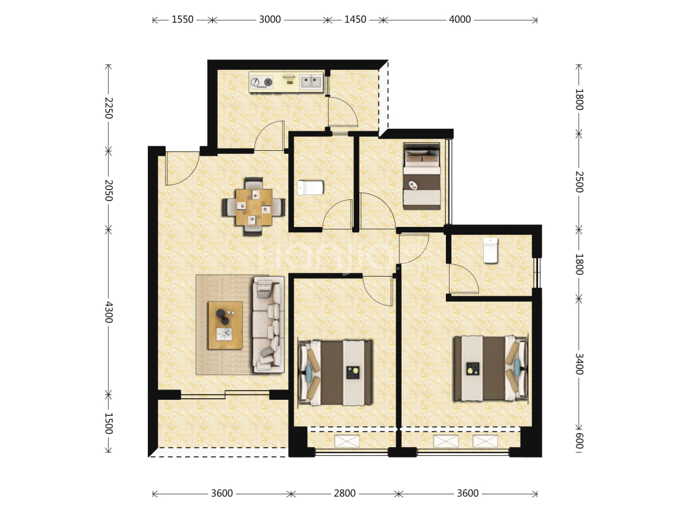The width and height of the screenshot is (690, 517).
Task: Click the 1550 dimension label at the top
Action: [182, 20]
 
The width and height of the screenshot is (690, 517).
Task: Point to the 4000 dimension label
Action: [459, 20]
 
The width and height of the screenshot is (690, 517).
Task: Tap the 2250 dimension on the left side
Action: [109, 108]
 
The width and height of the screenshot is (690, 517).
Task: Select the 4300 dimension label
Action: [109, 312]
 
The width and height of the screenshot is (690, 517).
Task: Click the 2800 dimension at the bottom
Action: [345, 493]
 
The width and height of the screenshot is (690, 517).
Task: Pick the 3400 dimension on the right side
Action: [579, 364]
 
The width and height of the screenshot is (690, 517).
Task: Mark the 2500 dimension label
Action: [579, 182]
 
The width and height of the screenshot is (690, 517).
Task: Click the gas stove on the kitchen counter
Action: [261, 82]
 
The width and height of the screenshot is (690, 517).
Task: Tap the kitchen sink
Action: [311, 82]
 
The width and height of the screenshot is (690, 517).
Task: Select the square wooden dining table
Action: [253, 207]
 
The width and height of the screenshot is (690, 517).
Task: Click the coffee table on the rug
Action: [225, 325]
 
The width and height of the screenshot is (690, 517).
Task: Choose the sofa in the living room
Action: [268, 324]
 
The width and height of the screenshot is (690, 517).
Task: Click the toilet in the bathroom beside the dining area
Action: [310, 188]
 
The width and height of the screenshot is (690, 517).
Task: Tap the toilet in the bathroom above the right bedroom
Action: [491, 250]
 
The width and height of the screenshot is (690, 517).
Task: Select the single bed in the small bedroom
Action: [422, 176]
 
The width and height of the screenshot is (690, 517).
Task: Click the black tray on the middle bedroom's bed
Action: [353, 373]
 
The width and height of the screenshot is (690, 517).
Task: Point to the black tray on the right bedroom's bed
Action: [473, 369]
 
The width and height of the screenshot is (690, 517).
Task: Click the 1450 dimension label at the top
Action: [355, 20]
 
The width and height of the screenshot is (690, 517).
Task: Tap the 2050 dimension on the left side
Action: [109, 190]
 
